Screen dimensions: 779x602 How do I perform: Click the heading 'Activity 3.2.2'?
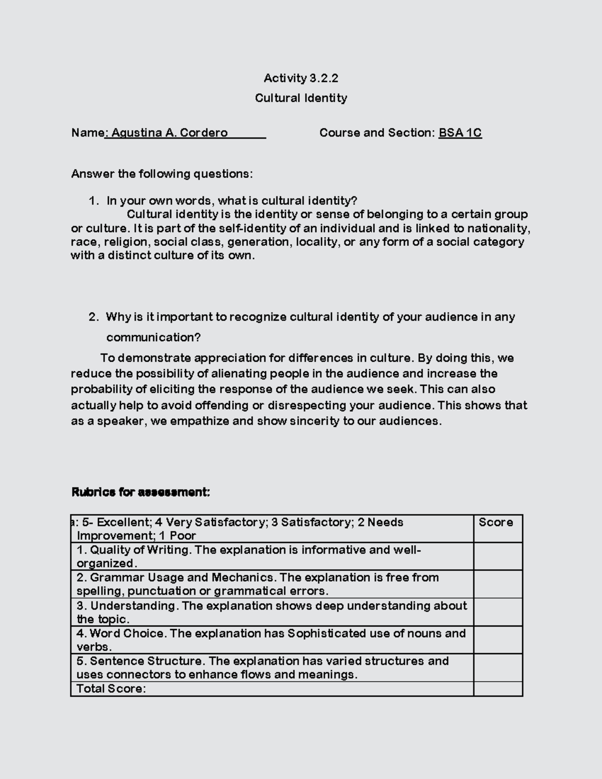click(301, 78)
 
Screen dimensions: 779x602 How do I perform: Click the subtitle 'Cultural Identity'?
click(301, 98)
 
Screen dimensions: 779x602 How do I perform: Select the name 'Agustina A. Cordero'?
click(170, 133)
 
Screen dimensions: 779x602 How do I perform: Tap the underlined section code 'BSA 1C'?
click(460, 133)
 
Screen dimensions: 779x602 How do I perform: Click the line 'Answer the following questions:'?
click(162, 174)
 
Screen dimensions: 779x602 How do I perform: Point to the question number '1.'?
click(93, 201)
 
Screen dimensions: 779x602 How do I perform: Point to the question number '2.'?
click(93, 317)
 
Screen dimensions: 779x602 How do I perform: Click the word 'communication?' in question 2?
click(154, 338)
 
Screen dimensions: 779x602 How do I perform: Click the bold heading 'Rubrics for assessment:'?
click(141, 493)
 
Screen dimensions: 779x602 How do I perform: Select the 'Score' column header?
click(496, 523)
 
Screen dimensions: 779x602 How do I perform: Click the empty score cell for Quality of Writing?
click(498, 556)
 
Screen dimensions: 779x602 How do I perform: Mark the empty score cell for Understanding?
click(498, 612)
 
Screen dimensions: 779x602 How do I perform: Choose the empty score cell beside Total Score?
click(498, 689)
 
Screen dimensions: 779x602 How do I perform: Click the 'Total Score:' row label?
click(111, 689)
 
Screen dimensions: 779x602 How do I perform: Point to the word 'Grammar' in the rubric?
click(111, 578)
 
